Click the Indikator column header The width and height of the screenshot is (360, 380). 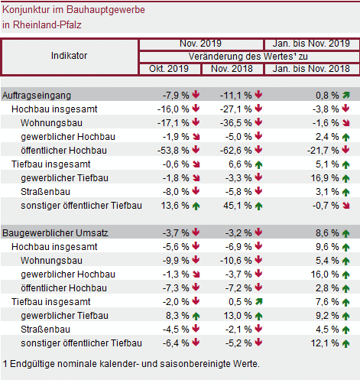tap(69, 56)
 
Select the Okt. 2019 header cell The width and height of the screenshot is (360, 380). tap(169, 69)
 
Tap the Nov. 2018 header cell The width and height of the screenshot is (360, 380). tap(232, 69)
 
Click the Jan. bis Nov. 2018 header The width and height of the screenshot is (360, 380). tap(311, 69)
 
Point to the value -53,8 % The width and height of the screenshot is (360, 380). tap(174, 151)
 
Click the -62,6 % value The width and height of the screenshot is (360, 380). tap(236, 151)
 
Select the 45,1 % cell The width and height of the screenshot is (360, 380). tap(238, 206)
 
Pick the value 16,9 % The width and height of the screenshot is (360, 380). tap(325, 178)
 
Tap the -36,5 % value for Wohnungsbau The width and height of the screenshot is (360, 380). tap(236, 123)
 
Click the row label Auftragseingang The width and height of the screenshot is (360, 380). tap(37, 96)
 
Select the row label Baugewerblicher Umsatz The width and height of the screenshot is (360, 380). tap(55, 233)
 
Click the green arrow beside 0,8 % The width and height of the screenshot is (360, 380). tap(346, 95)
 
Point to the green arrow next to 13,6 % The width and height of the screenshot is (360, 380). tap(196, 206)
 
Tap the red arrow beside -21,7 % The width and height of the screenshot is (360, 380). tap(346, 150)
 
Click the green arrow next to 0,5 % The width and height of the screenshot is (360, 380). tap(259, 301)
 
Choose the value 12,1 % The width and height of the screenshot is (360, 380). tap(325, 343)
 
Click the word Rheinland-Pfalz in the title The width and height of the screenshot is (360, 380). tap(47, 25)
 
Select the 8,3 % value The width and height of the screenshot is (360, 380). tap(177, 316)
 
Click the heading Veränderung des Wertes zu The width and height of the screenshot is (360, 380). tap(248, 57)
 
